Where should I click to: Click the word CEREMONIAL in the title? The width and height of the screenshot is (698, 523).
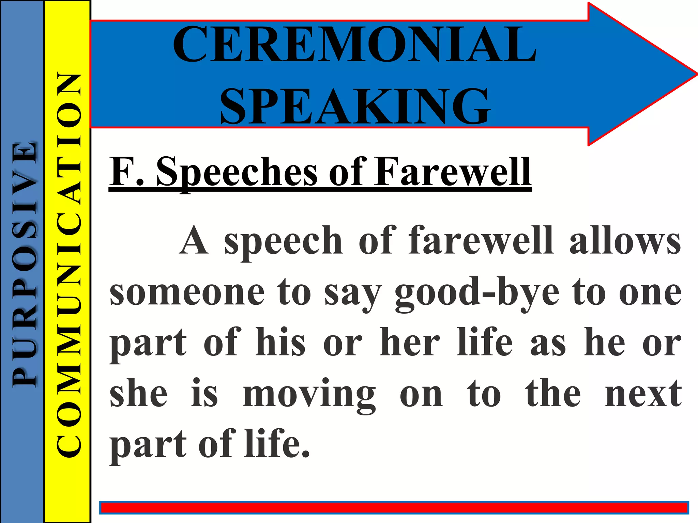[354, 44]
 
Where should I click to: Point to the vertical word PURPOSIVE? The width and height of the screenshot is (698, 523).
[24, 264]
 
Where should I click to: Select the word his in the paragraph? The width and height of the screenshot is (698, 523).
[280, 342]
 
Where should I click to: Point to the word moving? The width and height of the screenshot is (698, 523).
[309, 395]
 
